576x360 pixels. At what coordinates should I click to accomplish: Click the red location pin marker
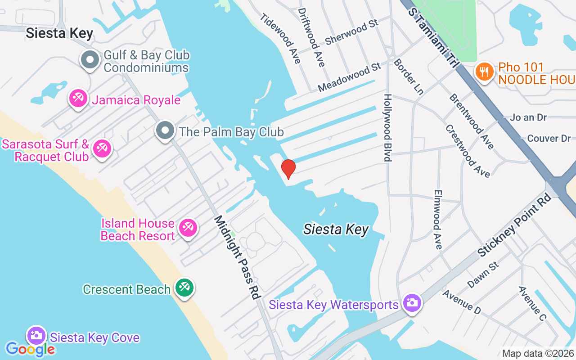pos(288,169)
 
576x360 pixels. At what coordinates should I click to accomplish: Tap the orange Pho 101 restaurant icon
pos(484,72)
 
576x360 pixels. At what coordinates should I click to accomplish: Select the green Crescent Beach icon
pos(184,287)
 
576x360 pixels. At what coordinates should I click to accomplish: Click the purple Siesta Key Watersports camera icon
pos(412,303)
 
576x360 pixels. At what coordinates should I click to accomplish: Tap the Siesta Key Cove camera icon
pos(36,335)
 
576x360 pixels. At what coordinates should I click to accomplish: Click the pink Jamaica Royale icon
pos(78,98)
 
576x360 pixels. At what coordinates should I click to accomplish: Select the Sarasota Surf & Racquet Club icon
pos(102,148)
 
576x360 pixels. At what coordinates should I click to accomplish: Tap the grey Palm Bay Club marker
pos(165,130)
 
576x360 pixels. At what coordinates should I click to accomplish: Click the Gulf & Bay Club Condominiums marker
pos(90,60)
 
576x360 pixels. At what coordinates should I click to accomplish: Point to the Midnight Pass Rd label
pos(237,257)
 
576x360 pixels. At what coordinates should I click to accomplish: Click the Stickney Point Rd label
pos(514,225)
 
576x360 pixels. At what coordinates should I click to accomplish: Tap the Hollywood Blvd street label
pos(387,127)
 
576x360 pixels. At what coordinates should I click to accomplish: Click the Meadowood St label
pos(349,77)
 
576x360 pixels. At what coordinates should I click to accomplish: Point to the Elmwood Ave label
pos(437,219)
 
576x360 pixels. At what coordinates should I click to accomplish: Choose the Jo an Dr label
pos(528,117)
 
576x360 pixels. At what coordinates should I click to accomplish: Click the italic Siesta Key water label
pos(336,229)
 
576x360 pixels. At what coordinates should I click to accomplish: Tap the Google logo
pos(30,349)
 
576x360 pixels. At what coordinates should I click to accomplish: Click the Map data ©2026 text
pos(538,354)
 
